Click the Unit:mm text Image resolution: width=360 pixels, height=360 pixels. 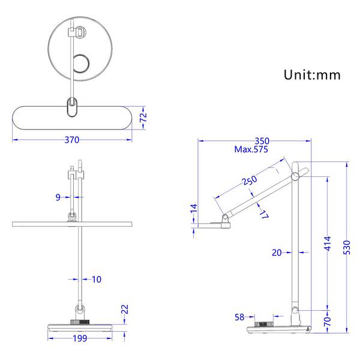[312, 75]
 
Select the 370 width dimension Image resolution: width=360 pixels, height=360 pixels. [72, 140]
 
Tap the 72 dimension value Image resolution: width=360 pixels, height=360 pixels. [143, 118]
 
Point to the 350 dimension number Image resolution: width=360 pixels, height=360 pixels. [262, 141]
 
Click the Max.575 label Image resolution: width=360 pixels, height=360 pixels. [251, 149]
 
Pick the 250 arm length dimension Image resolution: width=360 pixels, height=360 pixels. [250, 180]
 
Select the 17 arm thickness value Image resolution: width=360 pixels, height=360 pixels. [264, 214]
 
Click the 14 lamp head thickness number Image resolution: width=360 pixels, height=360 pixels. [194, 208]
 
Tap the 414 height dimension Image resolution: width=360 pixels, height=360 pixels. [328, 244]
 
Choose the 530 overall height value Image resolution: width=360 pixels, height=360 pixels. [347, 247]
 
